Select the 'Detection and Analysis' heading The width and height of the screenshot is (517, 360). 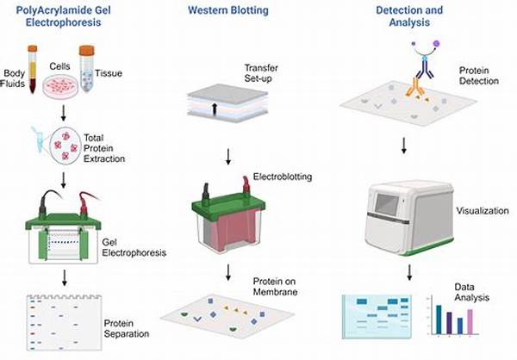coord(410,16)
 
